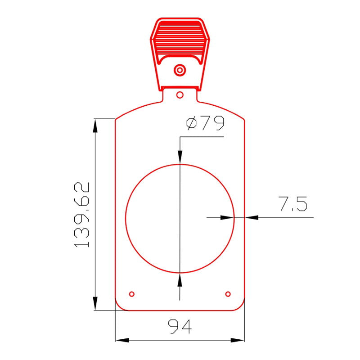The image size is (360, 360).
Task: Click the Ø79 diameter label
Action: pyautogui.click(x=205, y=123)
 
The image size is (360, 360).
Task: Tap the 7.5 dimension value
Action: pyautogui.click(x=293, y=204)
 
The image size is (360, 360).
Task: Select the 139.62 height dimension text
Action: pyautogui.click(x=81, y=215)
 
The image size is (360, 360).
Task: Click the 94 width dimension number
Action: pyautogui.click(x=180, y=326)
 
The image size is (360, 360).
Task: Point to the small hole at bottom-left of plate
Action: pyautogui.click(x=132, y=294)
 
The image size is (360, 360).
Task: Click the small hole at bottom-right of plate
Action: pyautogui.click(x=228, y=294)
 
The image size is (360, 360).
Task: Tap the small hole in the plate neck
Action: pyautogui.click(x=180, y=95)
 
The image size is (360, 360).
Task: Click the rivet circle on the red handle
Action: pyautogui.click(x=180, y=70)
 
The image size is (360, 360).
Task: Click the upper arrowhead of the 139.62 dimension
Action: pyautogui.click(x=95, y=126)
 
